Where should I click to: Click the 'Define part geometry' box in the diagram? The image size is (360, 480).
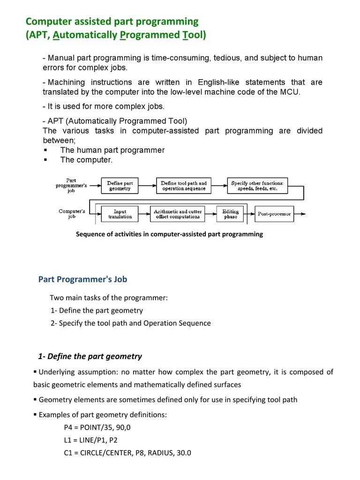[120, 186]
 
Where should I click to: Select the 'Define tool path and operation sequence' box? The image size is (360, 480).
[183, 186]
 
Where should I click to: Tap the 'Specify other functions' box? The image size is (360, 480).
[257, 186]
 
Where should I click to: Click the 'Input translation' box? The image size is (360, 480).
[120, 214]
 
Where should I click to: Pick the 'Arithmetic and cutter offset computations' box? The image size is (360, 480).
[178, 214]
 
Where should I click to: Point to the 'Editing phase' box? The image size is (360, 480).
[230, 214]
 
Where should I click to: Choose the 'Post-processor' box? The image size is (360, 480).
[274, 214]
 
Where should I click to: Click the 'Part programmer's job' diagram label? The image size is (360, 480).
[71, 186]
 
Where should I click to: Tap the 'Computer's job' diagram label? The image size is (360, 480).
[72, 214]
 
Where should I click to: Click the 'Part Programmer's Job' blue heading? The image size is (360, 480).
[82, 279]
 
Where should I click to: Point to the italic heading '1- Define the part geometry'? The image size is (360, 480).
[90, 356]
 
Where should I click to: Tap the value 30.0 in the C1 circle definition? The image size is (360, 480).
[183, 453]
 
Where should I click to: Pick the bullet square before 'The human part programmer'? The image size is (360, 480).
[45, 150]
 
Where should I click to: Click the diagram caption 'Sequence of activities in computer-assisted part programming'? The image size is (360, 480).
[169, 234]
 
